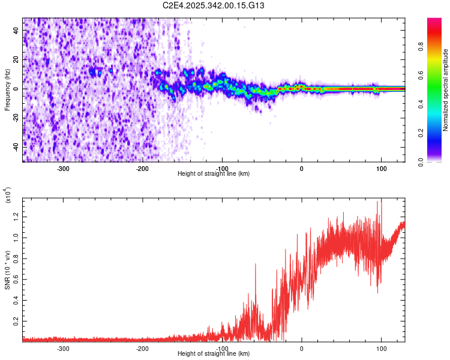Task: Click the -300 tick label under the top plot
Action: click(63, 168)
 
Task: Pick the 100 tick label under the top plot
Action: click(381, 168)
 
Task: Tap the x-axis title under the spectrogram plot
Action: click(214, 174)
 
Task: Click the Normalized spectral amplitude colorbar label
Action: click(446, 90)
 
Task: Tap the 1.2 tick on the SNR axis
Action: click(16, 215)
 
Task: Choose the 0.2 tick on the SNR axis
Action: click(16, 322)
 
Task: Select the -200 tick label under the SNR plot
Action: click(142, 348)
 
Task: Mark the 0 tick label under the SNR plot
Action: click(302, 348)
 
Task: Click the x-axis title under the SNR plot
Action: click(214, 354)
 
